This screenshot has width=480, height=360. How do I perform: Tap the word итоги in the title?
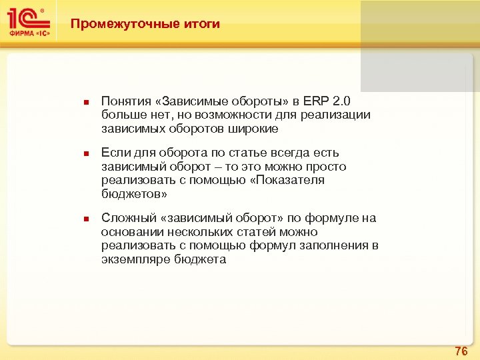[200, 24]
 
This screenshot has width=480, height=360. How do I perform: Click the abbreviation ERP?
[316, 101]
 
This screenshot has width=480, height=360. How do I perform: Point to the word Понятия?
[125, 101]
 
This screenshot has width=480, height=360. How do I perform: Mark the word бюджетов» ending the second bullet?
[133, 193]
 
